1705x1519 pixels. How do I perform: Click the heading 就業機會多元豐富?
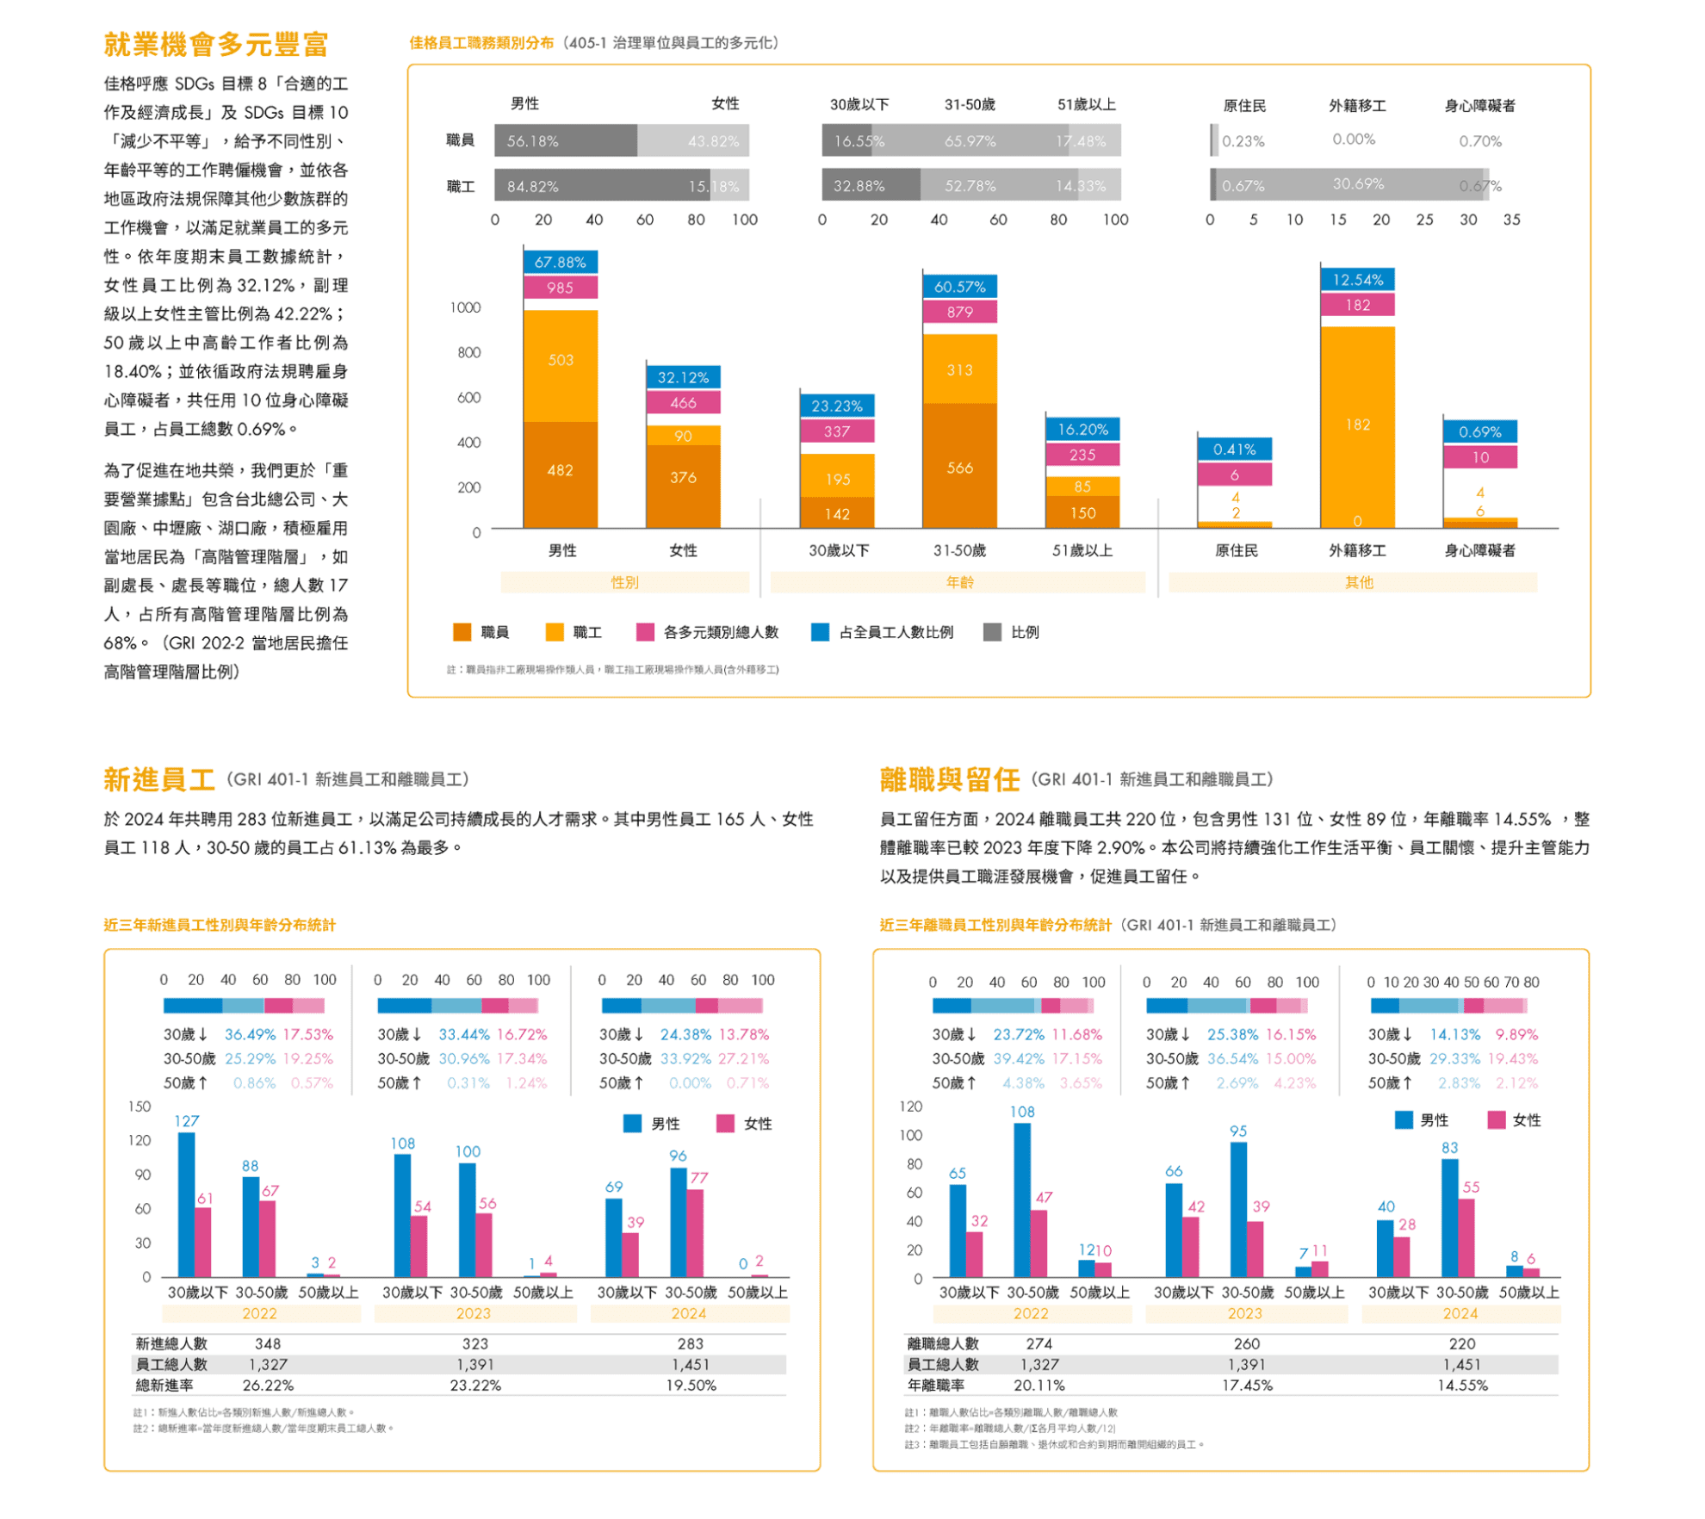(216, 44)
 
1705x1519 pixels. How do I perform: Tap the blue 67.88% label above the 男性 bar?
(560, 262)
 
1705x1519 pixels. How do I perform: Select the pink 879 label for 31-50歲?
(959, 312)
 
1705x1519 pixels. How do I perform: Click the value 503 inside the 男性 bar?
(560, 360)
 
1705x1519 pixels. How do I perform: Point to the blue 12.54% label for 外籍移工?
(1357, 280)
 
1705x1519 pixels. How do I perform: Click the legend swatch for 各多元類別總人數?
(644, 632)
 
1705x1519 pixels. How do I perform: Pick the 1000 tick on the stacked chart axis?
(465, 307)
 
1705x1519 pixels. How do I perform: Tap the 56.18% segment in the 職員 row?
(565, 140)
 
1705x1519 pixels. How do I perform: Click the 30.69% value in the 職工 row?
(1358, 184)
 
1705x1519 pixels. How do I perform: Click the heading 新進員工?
(159, 779)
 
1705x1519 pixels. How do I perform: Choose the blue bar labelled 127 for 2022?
(186, 1204)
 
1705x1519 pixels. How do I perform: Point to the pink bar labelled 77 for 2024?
(695, 1232)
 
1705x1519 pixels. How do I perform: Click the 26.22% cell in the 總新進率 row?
(268, 1386)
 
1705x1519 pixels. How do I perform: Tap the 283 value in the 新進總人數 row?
(690, 1343)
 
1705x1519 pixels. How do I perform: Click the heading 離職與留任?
(949, 779)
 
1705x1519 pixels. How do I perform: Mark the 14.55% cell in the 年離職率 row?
(1461, 1386)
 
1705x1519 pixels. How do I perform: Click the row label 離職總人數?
(943, 1343)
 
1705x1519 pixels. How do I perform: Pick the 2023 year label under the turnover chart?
(1245, 1313)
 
